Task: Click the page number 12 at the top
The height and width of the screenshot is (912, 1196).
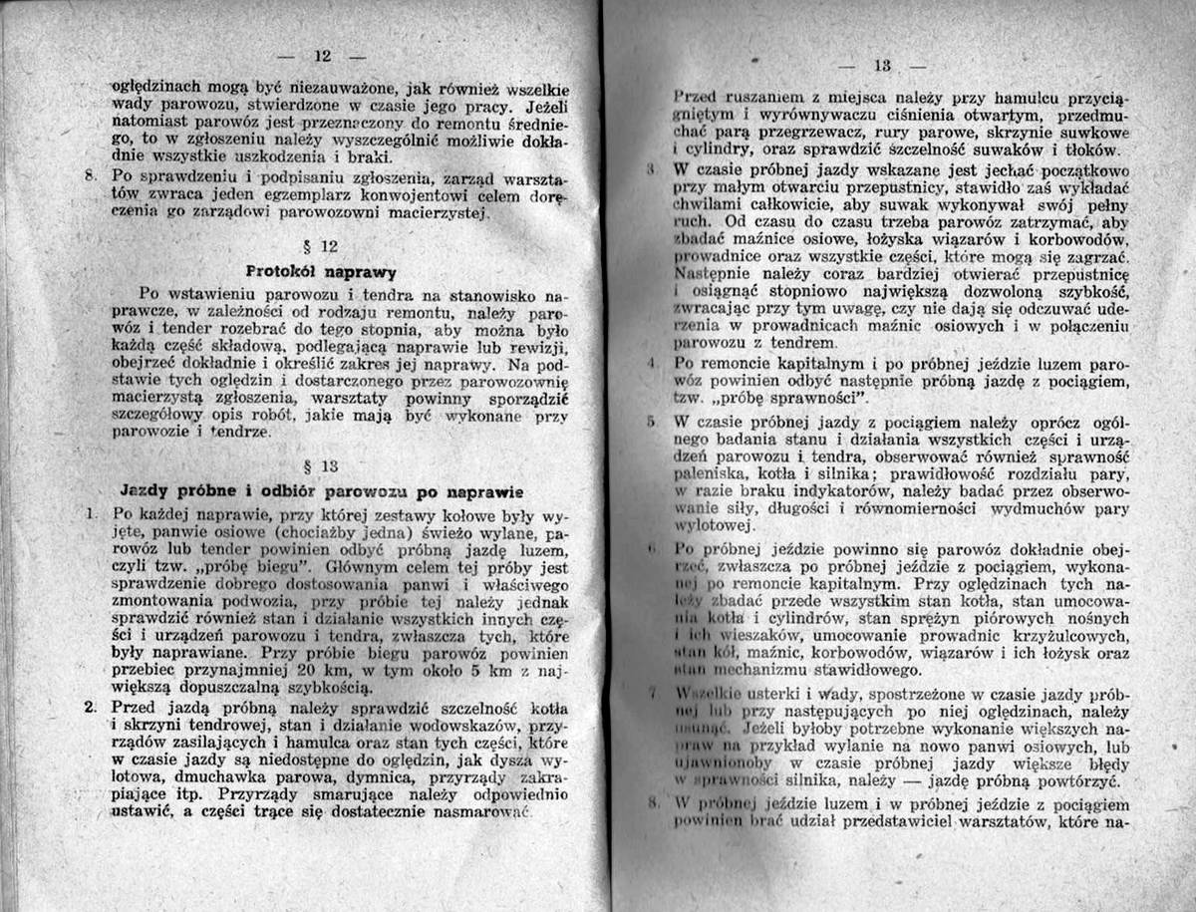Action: tap(323, 55)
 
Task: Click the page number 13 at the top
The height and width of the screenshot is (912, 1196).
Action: tap(882, 67)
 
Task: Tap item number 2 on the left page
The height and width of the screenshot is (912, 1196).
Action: tap(90, 707)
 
